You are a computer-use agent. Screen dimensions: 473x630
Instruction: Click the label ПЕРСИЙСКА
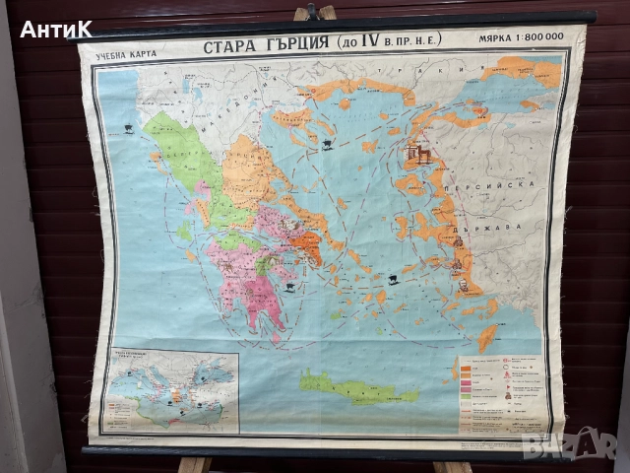point(506,184)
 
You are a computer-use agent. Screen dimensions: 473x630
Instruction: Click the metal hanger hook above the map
point(314,11)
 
